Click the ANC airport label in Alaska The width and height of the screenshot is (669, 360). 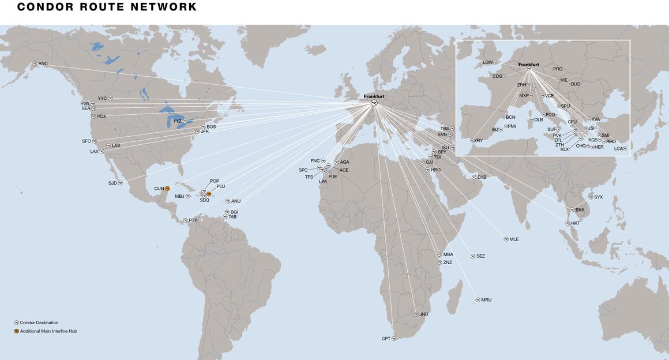(43, 63)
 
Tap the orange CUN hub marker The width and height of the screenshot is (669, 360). (167, 189)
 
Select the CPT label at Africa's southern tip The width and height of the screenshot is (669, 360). (386, 338)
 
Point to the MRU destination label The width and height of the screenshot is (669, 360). (486, 300)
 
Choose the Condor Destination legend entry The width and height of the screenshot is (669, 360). (39, 322)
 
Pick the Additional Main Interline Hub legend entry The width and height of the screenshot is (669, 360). (48, 331)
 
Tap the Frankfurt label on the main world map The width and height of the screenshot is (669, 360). (374, 96)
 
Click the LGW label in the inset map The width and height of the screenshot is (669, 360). (488, 62)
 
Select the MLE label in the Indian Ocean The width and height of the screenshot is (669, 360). (514, 239)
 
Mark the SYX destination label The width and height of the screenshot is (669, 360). (598, 197)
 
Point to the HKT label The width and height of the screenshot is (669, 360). (575, 223)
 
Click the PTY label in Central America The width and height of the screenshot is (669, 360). (193, 220)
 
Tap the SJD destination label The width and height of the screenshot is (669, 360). (112, 183)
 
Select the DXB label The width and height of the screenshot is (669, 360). (482, 177)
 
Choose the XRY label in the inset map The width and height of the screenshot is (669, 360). (478, 140)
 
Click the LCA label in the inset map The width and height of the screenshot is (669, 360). (618, 148)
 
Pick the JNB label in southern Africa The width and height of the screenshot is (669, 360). (423, 314)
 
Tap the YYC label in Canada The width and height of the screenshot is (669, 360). (102, 98)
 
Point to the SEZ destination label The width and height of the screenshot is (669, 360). (480, 256)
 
